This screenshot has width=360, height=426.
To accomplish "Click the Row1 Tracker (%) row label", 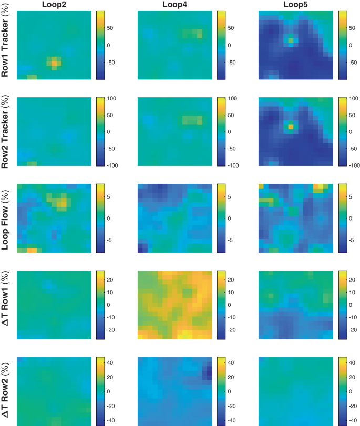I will point(7,45).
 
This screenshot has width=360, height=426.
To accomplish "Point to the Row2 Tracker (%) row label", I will point(7,132).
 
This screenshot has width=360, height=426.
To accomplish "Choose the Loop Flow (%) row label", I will point(7,218).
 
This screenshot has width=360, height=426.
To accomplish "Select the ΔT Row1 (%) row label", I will point(7,305).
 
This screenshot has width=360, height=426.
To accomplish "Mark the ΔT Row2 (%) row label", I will point(7,391).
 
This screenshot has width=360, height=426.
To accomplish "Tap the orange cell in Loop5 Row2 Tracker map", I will point(291,126).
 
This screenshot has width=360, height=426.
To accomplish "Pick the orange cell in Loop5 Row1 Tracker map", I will point(291,39).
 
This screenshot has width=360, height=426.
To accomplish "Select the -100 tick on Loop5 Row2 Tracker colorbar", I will point(358,165).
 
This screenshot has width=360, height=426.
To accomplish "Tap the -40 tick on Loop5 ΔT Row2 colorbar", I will point(355,421).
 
